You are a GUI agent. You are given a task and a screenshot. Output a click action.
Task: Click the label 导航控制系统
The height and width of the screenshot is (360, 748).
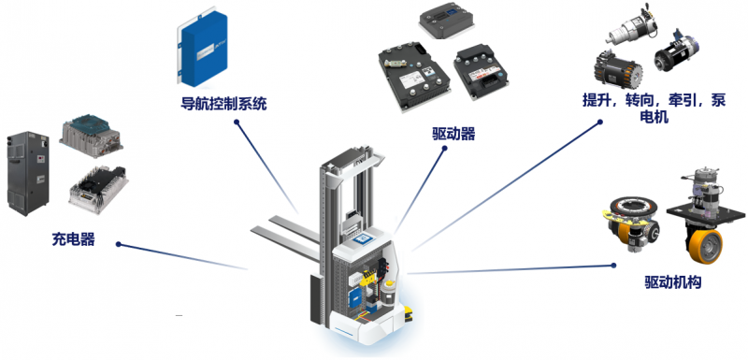coord(223,104)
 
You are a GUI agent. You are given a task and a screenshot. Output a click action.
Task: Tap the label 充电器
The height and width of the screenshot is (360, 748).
coord(74,238)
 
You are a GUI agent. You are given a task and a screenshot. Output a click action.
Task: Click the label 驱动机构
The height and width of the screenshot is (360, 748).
coord(672,282)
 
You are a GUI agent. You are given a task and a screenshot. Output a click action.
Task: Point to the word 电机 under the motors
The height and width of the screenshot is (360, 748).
coord(654,117)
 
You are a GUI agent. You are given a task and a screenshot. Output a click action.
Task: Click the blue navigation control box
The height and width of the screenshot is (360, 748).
coord(202,50)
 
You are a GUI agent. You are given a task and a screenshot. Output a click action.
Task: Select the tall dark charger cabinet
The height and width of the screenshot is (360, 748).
coord(28,174)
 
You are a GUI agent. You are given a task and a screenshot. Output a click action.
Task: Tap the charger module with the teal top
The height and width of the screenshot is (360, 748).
coord(91,136)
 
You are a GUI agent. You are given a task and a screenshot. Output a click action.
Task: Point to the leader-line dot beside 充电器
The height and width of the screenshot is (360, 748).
coord(119,245)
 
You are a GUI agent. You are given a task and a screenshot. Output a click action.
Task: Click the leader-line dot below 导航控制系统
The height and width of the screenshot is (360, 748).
coord(237,122)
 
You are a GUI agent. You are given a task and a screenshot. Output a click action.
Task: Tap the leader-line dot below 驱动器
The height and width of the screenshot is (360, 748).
coord(444,149)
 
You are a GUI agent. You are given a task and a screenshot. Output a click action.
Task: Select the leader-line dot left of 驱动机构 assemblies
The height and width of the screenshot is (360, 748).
coord(614,266)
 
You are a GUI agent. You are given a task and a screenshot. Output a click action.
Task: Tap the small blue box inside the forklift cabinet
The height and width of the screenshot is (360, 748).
coord(356,297)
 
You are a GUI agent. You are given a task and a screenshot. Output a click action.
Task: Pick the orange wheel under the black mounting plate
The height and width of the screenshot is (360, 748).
coord(705,246)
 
